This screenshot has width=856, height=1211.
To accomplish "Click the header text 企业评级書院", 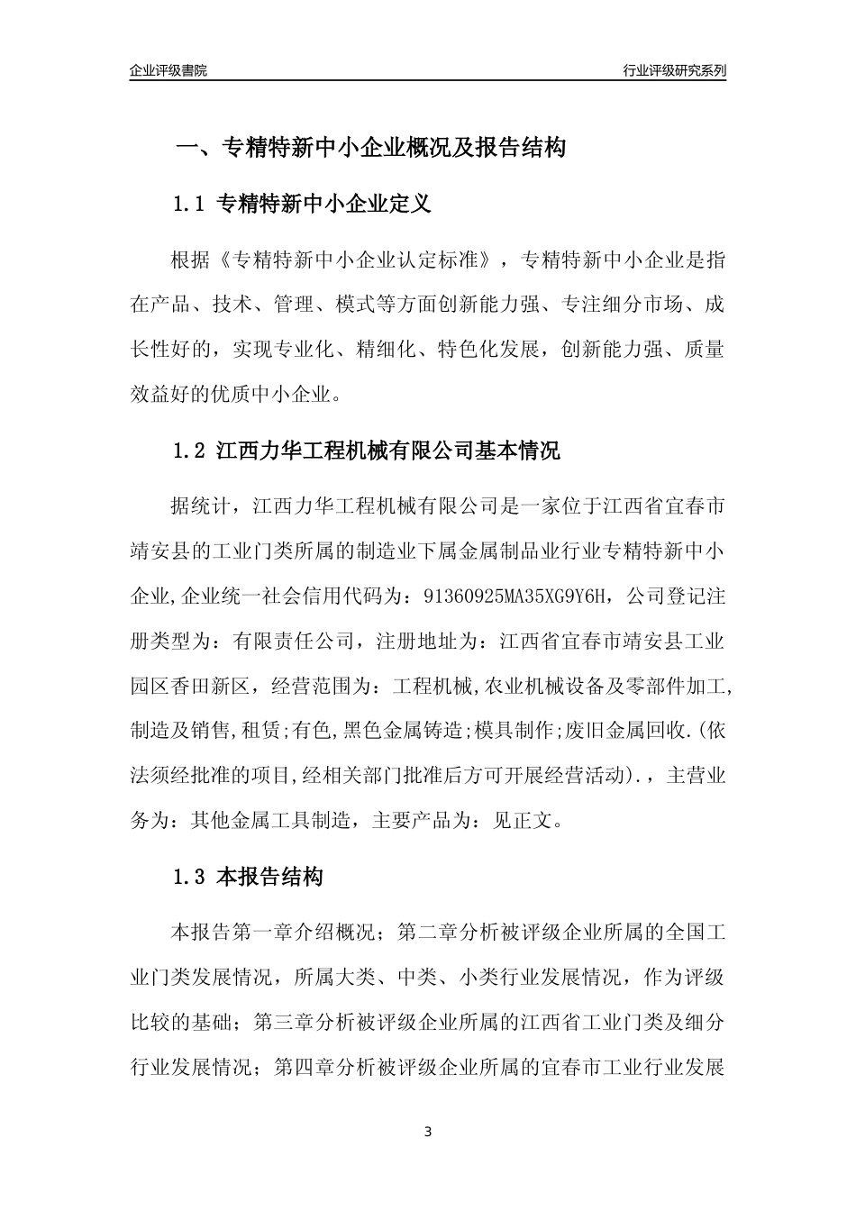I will [x=168, y=70].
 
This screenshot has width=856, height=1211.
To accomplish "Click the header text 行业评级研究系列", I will [x=674, y=70].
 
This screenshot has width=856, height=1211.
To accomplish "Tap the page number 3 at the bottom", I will [x=428, y=1131].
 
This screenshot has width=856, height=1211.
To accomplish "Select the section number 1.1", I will [x=190, y=205].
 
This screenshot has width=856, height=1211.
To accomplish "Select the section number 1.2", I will [x=190, y=451].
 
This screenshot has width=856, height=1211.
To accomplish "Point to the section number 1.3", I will [x=190, y=877].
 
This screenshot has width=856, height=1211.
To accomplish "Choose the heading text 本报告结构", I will [x=270, y=877].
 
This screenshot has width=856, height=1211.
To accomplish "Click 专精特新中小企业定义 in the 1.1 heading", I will [x=324, y=205].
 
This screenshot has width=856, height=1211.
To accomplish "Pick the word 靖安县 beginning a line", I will [x=160, y=551].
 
